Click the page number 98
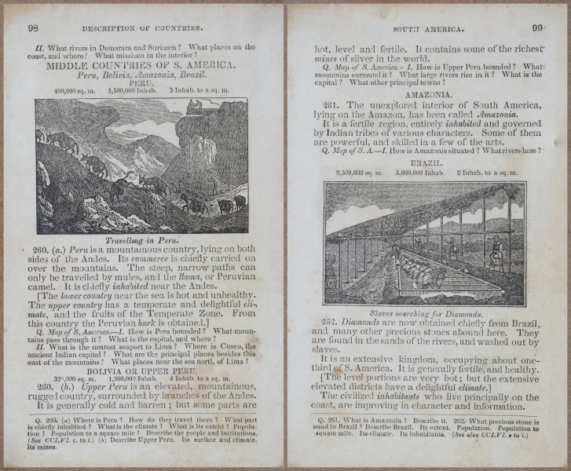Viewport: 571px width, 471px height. pos(33,27)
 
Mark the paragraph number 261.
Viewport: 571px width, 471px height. pos(333,104)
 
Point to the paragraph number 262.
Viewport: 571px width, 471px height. pos(333,323)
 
